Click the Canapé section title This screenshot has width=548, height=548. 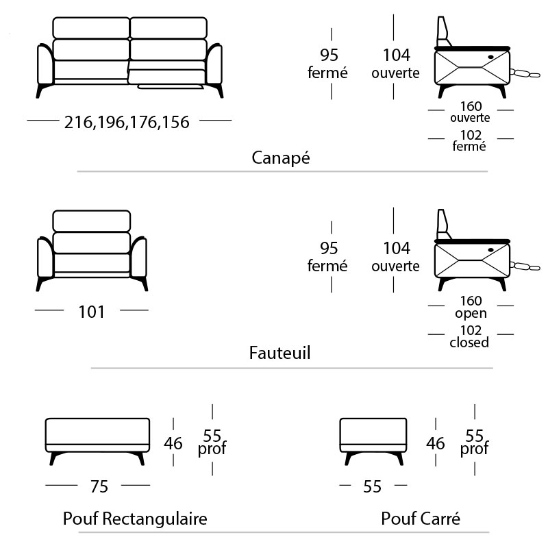281,158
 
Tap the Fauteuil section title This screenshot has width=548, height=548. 279,353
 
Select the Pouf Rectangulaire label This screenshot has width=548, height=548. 135,519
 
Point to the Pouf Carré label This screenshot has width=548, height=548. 421,519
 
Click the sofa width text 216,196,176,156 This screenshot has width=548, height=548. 127,123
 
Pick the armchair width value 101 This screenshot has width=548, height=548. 91,312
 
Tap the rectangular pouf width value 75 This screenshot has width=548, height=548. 99,486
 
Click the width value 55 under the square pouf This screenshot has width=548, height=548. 372,486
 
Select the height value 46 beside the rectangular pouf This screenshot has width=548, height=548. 173,443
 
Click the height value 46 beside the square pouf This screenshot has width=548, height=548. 436,443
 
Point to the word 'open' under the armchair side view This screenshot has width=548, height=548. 471,314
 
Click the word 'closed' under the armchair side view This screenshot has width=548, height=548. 469,342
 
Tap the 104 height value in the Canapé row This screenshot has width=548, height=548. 397,55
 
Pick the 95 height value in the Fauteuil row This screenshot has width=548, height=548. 329,248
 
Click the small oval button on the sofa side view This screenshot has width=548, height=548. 490,57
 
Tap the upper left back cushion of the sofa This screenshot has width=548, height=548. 91,27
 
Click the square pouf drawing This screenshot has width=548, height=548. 373,441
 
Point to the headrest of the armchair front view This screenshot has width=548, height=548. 92,221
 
